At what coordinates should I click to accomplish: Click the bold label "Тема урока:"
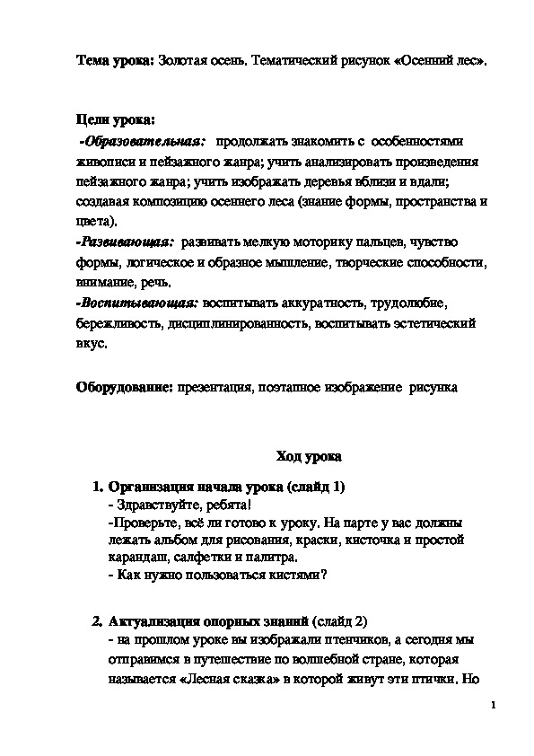(x=113, y=60)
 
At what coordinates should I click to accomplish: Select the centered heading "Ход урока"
(x=308, y=457)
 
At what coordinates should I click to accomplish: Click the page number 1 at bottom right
(x=495, y=705)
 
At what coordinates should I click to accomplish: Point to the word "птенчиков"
(x=295, y=641)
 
